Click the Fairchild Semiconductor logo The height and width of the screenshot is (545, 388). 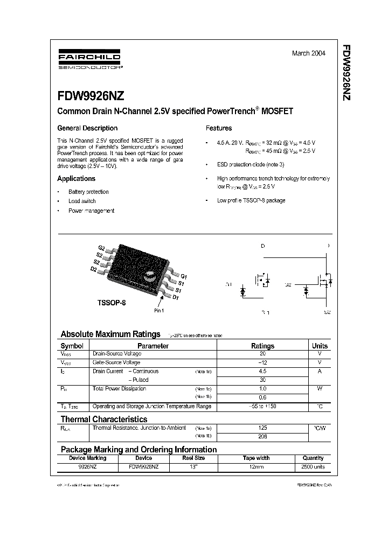(x=89, y=60)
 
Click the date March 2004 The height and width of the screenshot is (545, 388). (x=308, y=53)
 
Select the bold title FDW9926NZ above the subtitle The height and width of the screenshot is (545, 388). (x=91, y=96)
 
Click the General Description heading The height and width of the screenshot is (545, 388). (x=87, y=128)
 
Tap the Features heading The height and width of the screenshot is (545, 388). (x=219, y=128)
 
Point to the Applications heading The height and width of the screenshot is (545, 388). (x=77, y=179)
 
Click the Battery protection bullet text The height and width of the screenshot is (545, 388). (x=88, y=192)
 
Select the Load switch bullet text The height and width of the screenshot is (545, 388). (x=82, y=201)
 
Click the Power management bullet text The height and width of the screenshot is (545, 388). (x=91, y=211)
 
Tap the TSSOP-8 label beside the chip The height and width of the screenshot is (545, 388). (x=112, y=303)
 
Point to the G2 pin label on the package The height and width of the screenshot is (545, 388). (x=101, y=248)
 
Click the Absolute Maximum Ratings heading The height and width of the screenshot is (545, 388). (x=110, y=334)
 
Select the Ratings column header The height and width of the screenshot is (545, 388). (x=263, y=346)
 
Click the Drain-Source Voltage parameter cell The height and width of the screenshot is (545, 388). (x=117, y=354)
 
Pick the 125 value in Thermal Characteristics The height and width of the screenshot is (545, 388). (x=263, y=428)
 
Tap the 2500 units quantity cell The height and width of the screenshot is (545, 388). (x=313, y=466)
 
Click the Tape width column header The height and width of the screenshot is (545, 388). (x=256, y=458)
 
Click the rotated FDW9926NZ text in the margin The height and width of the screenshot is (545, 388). (x=347, y=73)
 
